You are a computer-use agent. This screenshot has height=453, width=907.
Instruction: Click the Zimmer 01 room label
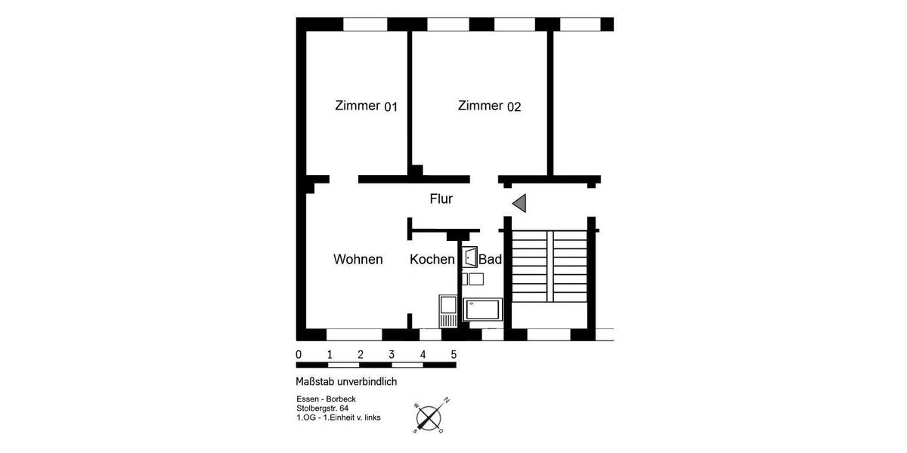[366, 106]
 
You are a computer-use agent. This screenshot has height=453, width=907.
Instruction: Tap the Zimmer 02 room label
[489, 106]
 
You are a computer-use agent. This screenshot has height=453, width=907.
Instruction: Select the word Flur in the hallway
[441, 199]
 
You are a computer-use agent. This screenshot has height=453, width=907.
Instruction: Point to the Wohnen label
[358, 260]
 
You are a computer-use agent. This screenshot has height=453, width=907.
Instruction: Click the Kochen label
[432, 260]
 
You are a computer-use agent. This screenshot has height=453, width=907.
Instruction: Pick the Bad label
[491, 260]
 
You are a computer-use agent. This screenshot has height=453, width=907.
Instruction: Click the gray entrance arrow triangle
[519, 202]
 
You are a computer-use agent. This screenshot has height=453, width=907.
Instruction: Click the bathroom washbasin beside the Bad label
[469, 257]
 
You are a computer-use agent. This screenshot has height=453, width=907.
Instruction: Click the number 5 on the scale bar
[453, 355]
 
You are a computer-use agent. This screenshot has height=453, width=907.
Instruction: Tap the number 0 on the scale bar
[299, 355]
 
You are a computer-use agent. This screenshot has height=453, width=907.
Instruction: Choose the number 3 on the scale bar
[392, 355]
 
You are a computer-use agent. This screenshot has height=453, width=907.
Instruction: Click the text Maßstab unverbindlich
[346, 382]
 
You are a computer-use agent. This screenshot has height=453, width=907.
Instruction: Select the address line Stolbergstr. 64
[323, 408]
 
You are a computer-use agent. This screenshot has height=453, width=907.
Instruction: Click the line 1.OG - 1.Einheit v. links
[339, 417]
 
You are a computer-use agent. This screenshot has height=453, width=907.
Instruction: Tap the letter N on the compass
[447, 400]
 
